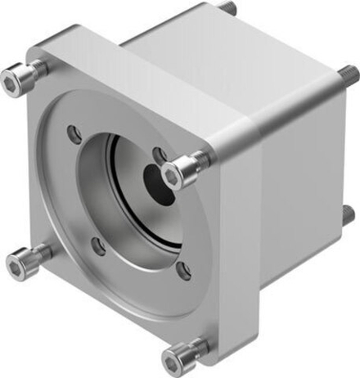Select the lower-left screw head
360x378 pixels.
coord(19,263)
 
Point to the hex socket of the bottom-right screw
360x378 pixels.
coord(173,357)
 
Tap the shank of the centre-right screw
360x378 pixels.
coord(195,164)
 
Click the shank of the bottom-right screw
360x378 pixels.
coord(194,348)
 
